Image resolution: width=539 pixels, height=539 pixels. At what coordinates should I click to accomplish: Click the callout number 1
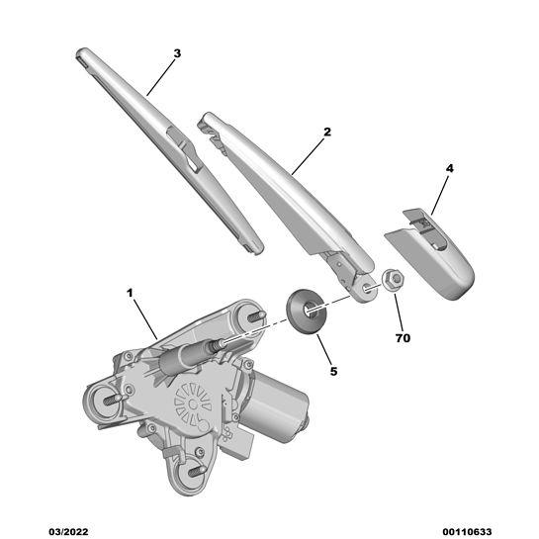(x=129, y=293)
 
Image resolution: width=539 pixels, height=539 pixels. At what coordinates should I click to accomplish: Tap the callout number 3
(x=177, y=52)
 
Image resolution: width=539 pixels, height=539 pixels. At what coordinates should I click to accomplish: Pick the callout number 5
(x=333, y=371)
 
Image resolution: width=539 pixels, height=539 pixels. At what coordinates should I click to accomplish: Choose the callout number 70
(x=404, y=338)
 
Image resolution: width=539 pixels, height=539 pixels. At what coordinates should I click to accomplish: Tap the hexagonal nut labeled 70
(x=392, y=280)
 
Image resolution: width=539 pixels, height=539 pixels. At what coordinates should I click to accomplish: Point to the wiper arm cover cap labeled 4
(x=435, y=257)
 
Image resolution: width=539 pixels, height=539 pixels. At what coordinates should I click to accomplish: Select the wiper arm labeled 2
(x=287, y=193)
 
